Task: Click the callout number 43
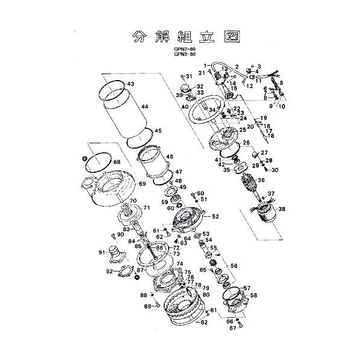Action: [x=131, y=83]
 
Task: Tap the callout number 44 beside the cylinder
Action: [x=144, y=107]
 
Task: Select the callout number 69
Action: [x=143, y=184]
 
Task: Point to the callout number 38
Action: [x=282, y=209]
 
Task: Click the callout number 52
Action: [x=215, y=217]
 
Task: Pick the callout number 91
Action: [x=101, y=252]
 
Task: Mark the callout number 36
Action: [x=261, y=180]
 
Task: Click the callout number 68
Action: [x=117, y=162]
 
